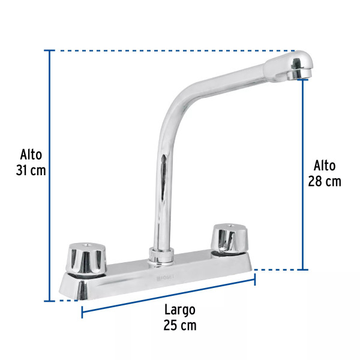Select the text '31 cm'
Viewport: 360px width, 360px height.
point(31,170)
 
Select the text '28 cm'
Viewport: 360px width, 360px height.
point(325,181)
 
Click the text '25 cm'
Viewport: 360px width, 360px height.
point(179,326)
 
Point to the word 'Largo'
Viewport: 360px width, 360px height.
point(179,310)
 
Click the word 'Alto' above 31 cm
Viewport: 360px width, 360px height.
point(31,154)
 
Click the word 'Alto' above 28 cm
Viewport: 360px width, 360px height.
point(325,166)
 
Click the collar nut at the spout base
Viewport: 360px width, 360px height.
point(159,256)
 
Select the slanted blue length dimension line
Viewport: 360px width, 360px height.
point(168,296)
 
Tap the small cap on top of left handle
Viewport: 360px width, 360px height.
point(86,246)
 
